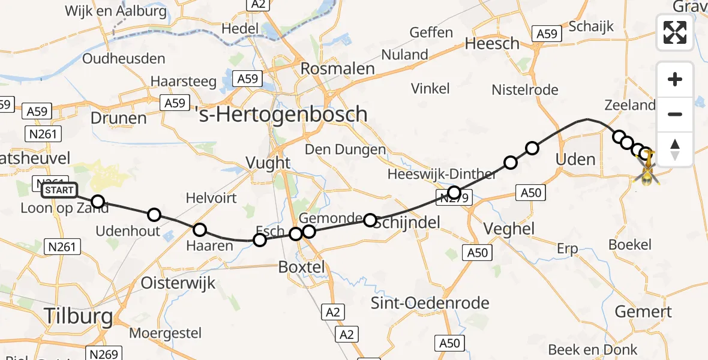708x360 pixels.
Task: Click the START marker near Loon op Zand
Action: (x=59, y=191)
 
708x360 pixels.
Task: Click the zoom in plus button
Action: (x=675, y=80)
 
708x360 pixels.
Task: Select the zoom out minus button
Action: (x=675, y=114)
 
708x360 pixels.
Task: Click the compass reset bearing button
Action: (x=675, y=149)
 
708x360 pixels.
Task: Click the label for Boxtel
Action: (x=302, y=267)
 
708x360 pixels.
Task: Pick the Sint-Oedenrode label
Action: (x=430, y=302)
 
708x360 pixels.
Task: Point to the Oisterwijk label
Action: (x=178, y=283)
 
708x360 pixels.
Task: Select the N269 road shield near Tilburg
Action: (x=104, y=353)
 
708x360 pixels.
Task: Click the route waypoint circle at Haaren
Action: (x=200, y=229)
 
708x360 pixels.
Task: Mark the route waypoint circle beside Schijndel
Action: (x=370, y=220)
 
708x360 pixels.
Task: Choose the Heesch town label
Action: (x=492, y=43)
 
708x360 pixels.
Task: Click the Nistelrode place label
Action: (x=525, y=90)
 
